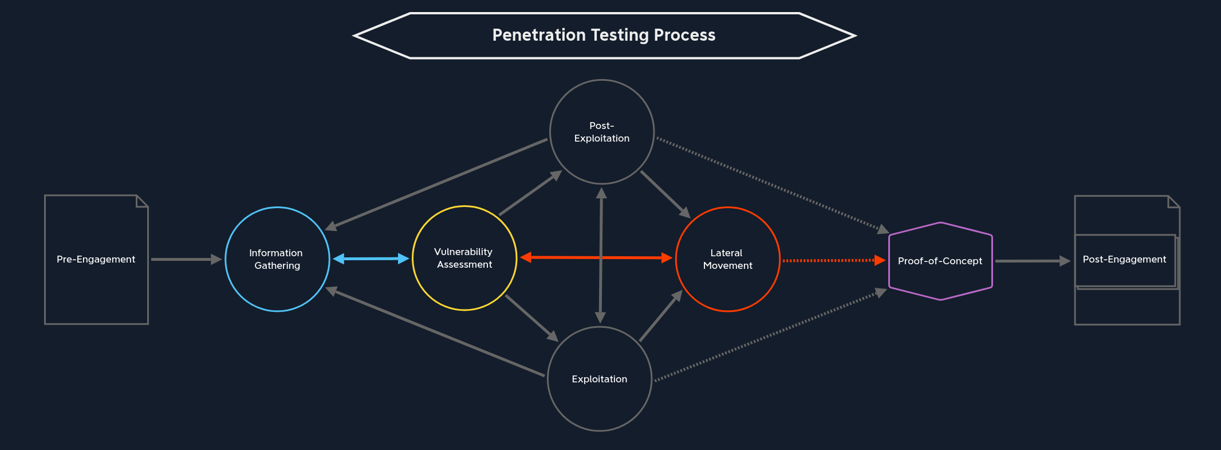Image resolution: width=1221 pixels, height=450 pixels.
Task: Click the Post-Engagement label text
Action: (x=1124, y=259)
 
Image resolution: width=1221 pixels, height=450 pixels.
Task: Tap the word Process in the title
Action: (x=684, y=35)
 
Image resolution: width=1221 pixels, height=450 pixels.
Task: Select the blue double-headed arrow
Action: (x=371, y=259)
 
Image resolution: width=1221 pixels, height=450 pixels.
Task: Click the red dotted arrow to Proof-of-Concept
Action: (x=830, y=260)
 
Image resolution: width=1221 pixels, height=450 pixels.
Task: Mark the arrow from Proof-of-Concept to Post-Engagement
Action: (x=1031, y=261)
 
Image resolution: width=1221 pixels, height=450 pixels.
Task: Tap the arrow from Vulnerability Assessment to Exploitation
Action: (x=531, y=318)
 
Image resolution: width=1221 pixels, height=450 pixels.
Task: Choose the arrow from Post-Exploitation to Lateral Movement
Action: (x=665, y=194)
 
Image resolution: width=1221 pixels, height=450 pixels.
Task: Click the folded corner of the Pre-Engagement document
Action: (x=142, y=201)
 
